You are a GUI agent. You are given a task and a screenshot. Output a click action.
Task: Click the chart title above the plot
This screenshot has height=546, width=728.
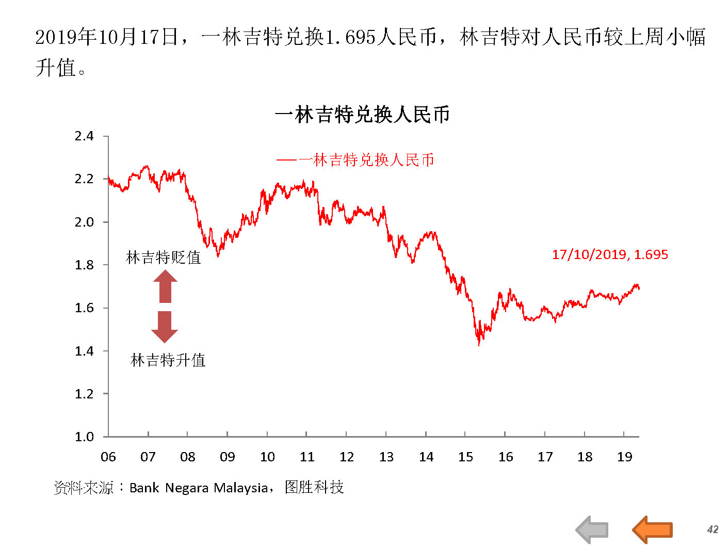point(362,115)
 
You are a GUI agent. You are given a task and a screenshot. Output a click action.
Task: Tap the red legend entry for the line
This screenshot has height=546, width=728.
point(355,160)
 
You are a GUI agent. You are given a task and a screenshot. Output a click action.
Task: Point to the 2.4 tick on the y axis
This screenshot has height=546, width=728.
point(84,136)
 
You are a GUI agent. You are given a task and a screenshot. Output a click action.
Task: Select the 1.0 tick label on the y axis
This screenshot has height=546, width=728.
point(84,437)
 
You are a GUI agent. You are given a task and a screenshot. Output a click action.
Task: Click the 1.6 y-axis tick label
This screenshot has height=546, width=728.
point(84,308)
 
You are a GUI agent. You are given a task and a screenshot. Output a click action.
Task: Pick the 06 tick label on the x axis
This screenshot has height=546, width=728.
point(108,457)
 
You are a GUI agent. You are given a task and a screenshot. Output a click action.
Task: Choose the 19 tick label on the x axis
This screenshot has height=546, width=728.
point(624,457)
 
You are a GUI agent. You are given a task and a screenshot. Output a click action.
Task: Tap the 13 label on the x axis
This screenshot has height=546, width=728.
point(386,457)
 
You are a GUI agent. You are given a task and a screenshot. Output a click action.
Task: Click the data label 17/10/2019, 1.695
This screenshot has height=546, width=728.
point(610,254)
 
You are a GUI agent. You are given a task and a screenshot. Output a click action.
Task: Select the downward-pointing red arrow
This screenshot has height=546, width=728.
point(165,327)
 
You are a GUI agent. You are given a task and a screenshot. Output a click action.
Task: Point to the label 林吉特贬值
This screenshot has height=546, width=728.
point(164,257)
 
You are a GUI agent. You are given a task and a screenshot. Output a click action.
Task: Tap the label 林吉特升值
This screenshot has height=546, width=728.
point(168,360)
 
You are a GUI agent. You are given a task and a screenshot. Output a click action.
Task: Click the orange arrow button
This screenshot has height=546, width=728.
point(653,529)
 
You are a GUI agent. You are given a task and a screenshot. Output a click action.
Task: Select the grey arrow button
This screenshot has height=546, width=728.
point(592,529)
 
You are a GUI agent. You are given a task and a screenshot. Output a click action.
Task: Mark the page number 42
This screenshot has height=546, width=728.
point(713,529)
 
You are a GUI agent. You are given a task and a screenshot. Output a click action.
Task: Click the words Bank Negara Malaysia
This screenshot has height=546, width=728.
point(198,488)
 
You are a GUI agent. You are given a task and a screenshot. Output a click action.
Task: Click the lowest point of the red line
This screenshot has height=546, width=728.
point(479,345)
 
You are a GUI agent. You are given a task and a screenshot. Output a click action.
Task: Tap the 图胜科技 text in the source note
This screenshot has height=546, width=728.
point(314,487)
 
